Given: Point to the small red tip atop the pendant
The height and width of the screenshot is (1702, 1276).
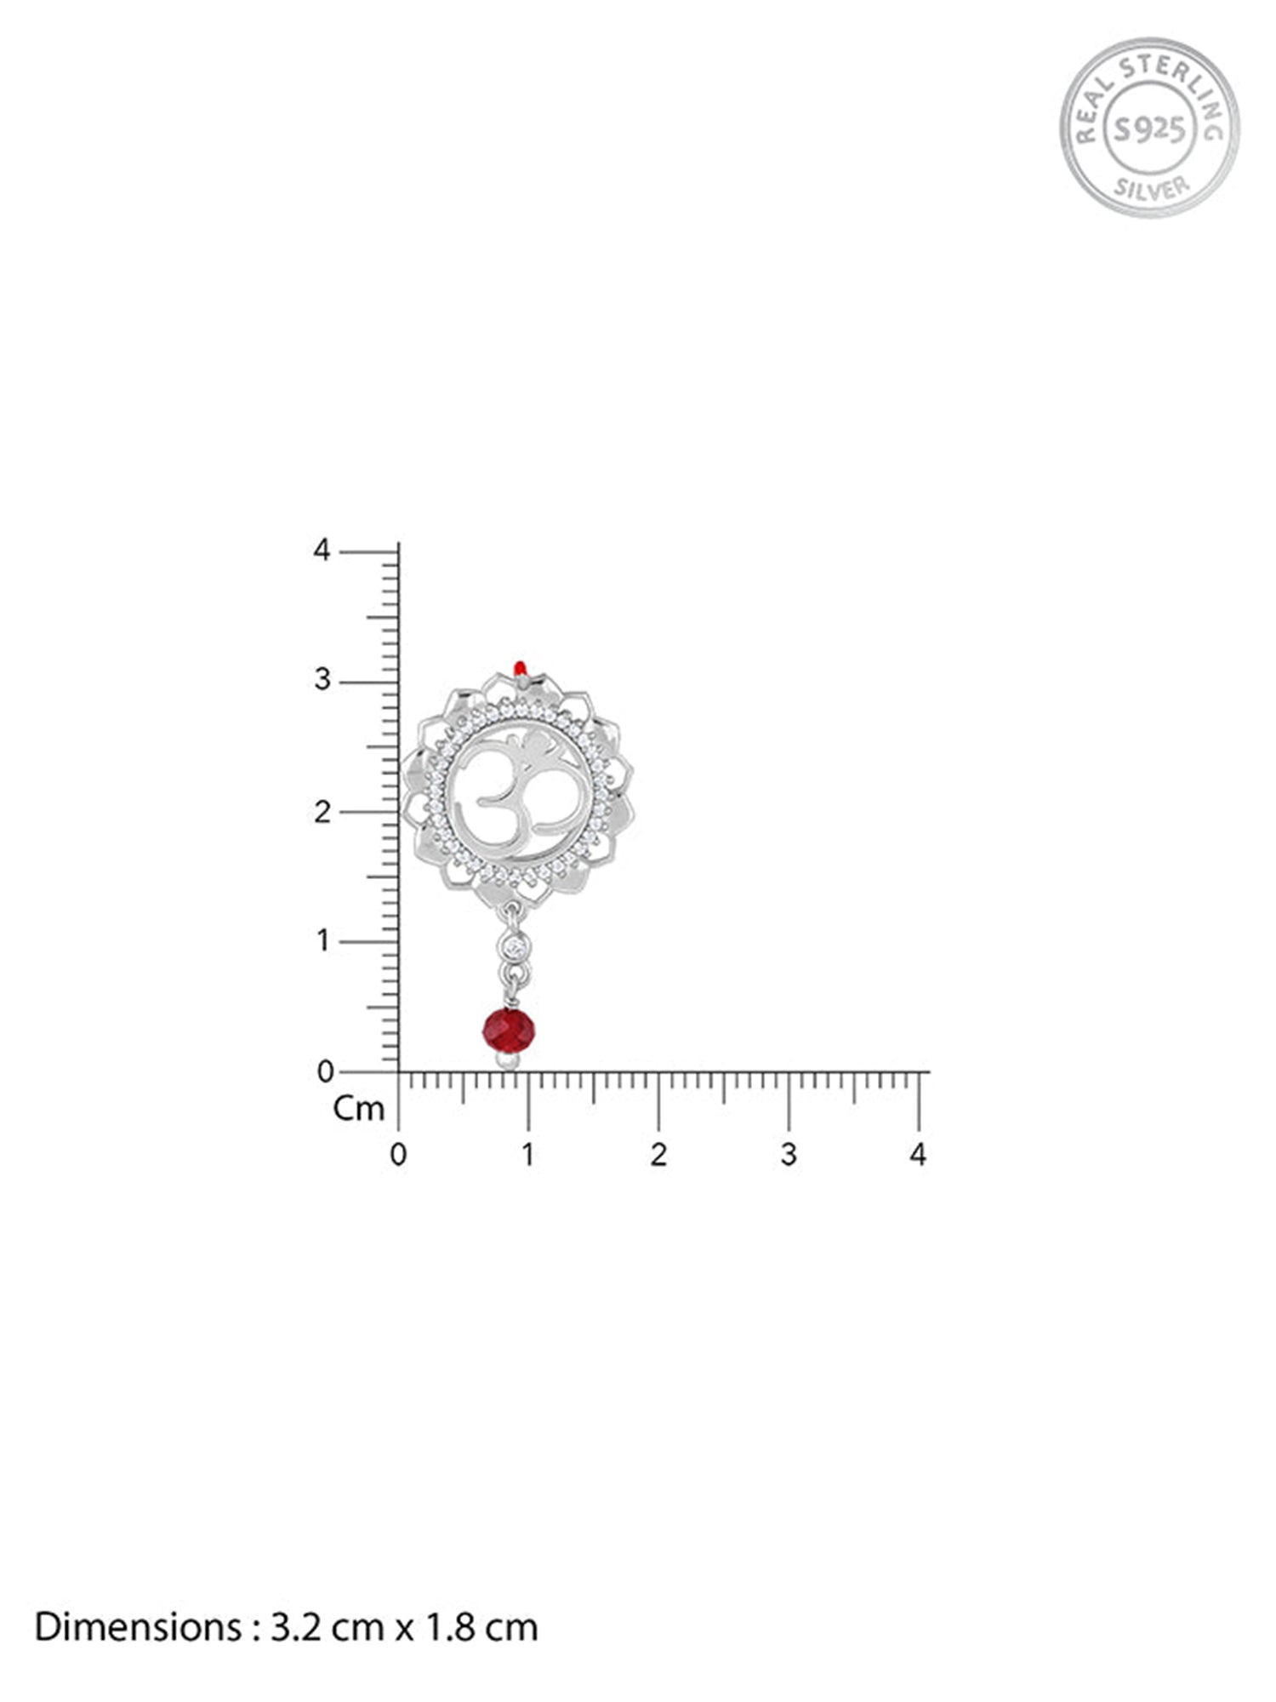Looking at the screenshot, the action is tap(521, 666).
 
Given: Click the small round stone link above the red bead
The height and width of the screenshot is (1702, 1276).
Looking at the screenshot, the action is tap(514, 946).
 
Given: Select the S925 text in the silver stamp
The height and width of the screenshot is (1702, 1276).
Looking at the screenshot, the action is tap(1150, 129).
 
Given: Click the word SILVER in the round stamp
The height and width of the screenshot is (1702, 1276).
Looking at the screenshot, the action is tap(1152, 187).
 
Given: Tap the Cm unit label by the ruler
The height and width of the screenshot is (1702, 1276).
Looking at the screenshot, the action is tap(359, 1108).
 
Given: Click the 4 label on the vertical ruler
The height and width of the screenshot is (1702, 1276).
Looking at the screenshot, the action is tap(321, 551).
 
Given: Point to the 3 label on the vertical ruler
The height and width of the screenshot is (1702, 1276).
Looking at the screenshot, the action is tap(322, 681).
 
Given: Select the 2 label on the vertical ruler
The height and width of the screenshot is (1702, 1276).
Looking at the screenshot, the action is tap(322, 812).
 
